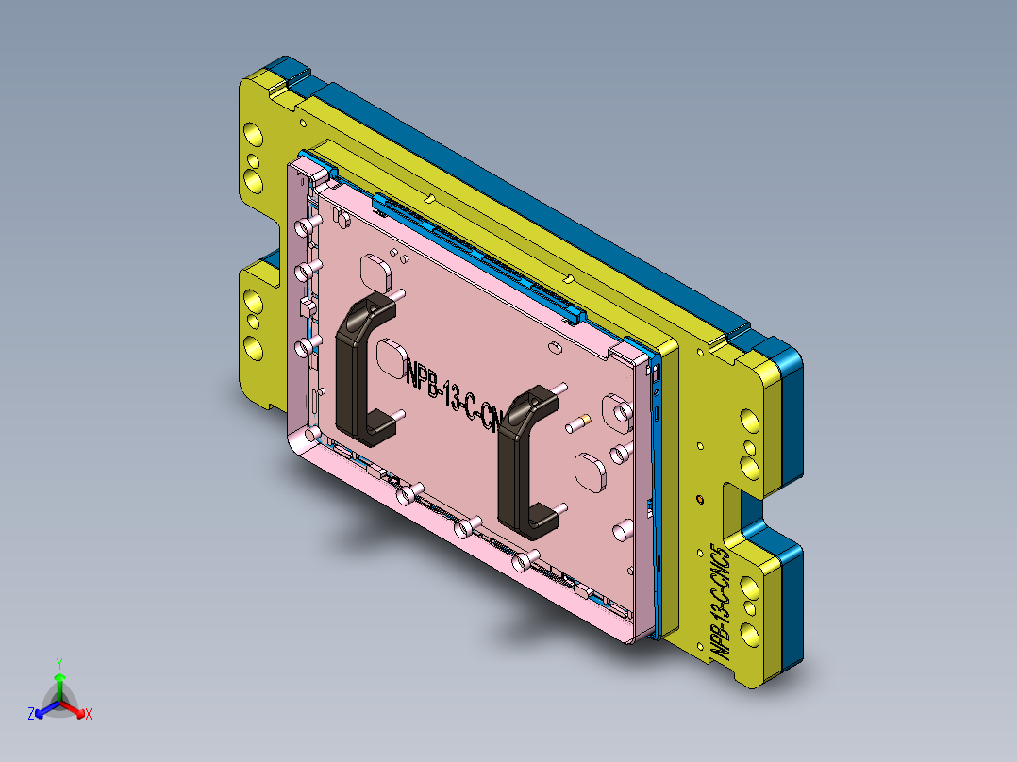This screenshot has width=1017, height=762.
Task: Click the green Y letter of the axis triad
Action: coord(58,663)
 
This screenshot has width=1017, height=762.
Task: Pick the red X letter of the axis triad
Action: coord(89,714)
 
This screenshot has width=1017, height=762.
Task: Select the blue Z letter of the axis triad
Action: coord(31,714)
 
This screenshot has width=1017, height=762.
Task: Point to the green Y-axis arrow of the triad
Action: coord(58,684)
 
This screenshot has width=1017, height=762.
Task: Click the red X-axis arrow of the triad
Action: coord(75,708)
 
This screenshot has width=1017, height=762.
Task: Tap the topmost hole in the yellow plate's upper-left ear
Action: coord(253,138)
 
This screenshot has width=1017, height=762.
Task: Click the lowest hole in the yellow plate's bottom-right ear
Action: coord(749,634)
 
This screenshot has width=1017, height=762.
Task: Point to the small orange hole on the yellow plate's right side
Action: coord(699,497)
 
